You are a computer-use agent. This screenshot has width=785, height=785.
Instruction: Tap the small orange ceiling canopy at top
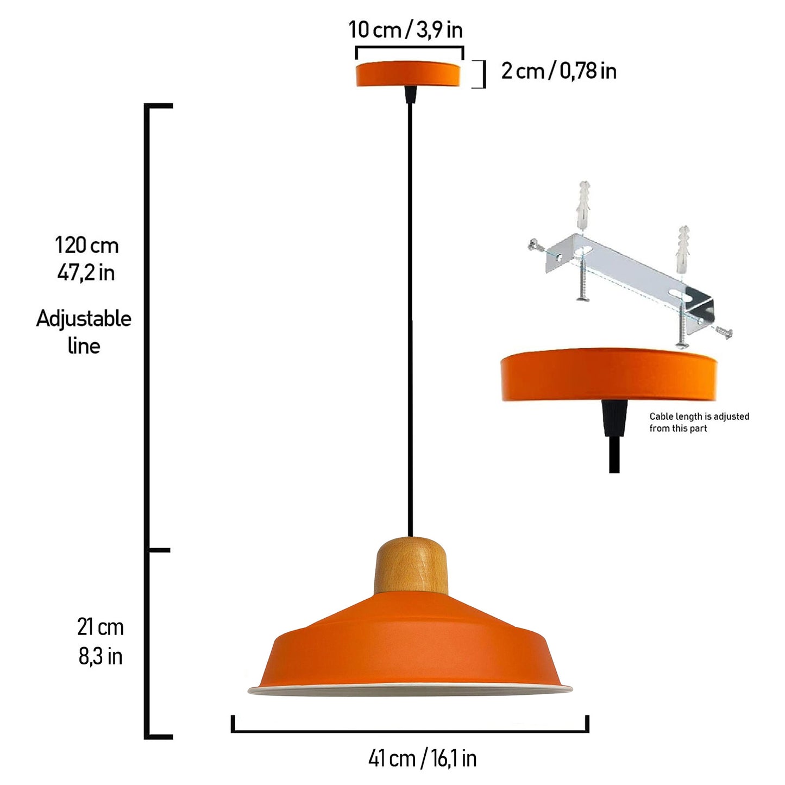pyautogui.click(x=408, y=73)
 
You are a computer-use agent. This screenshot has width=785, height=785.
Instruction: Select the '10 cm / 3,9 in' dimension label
pyautogui.click(x=406, y=30)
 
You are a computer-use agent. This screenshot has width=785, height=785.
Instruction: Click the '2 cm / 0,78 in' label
pyautogui.click(x=558, y=71)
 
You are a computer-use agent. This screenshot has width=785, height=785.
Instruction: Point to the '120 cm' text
pyautogui.click(x=87, y=245)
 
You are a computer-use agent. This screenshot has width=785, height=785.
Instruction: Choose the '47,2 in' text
pyautogui.click(x=86, y=273)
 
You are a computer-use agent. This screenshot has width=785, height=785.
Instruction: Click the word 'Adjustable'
pyautogui.click(x=84, y=319)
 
